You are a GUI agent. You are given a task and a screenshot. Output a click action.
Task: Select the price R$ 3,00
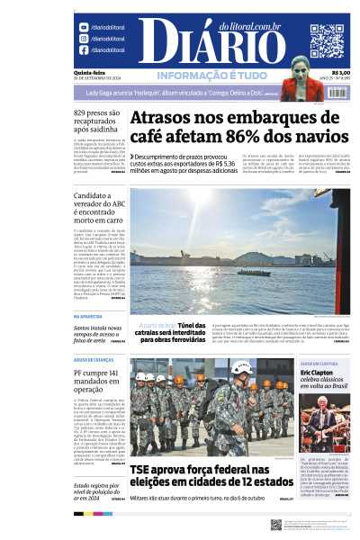(340, 73)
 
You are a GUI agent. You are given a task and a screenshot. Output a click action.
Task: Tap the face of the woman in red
(301, 67)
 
